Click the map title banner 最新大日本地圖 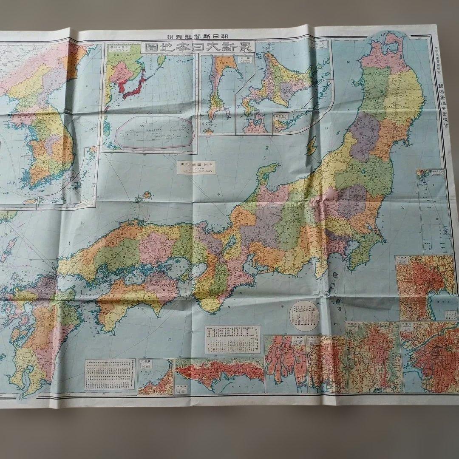pyautogui.click(x=199, y=46)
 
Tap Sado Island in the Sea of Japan pyautogui.click(x=312, y=145)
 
